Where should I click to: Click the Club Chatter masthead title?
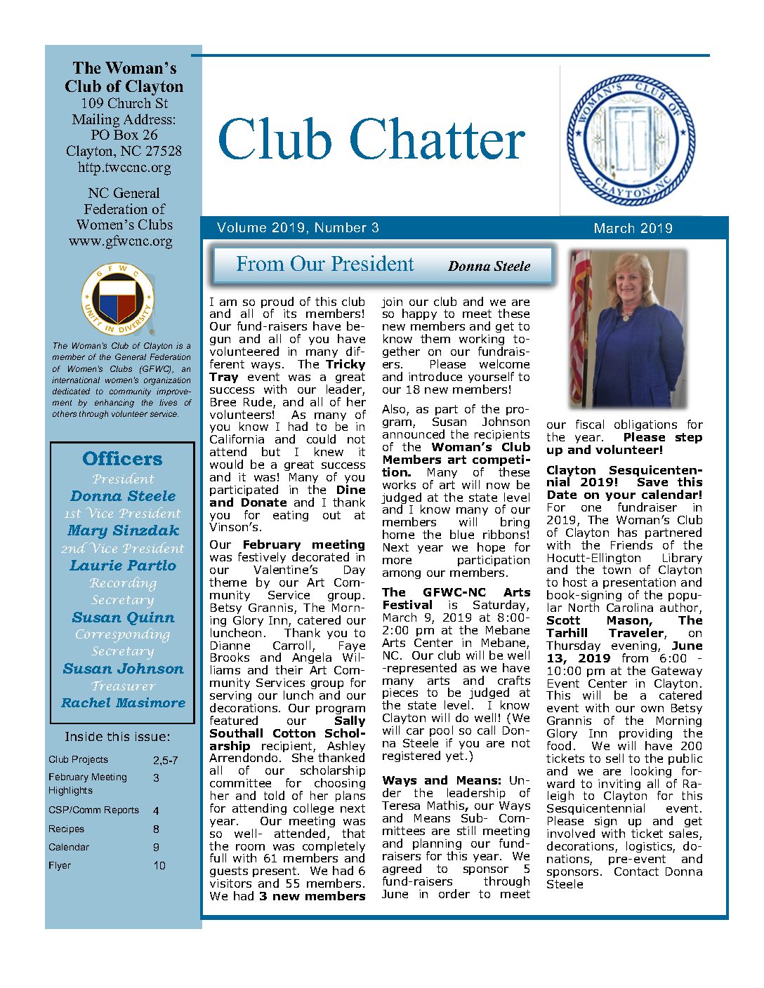pos(371,139)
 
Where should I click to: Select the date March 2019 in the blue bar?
pos(633,228)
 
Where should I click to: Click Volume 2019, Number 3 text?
pos(298,227)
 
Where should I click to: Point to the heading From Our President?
pos(324,264)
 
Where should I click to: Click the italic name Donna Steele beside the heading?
pos(489,266)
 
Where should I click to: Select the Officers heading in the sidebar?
pos(122,459)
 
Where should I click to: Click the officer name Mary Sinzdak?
pos(123,530)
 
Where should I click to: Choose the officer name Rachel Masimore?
pos(123,702)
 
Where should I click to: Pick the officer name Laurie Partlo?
pos(123,566)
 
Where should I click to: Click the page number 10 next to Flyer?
pos(159,865)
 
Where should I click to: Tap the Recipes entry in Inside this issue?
pos(66,829)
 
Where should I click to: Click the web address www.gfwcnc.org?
pos(120,241)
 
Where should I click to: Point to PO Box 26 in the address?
pos(124,135)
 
